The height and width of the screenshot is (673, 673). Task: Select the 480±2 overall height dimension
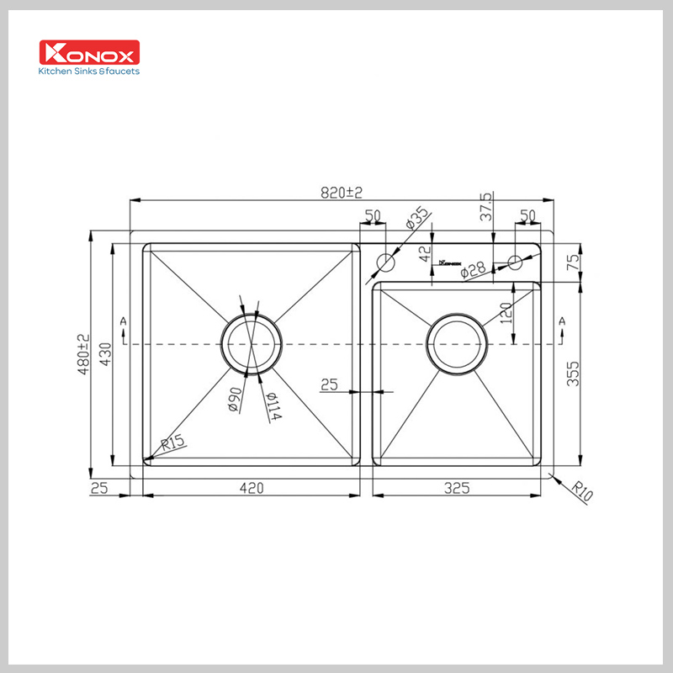pyautogui.click(x=82, y=354)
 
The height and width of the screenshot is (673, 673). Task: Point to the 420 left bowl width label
pyautogui.click(x=252, y=487)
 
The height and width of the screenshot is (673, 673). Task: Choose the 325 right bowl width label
pyautogui.click(x=455, y=487)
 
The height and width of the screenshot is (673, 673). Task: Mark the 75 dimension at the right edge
pyautogui.click(x=573, y=262)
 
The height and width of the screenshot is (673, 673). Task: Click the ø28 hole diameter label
pyautogui.click(x=473, y=269)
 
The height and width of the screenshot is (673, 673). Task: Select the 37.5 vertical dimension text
pyautogui.click(x=485, y=206)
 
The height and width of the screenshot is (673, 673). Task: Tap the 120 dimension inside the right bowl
pyautogui.click(x=506, y=315)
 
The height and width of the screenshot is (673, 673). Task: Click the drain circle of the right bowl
pyautogui.click(x=457, y=344)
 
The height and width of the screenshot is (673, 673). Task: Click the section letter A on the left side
pyautogui.click(x=124, y=321)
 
